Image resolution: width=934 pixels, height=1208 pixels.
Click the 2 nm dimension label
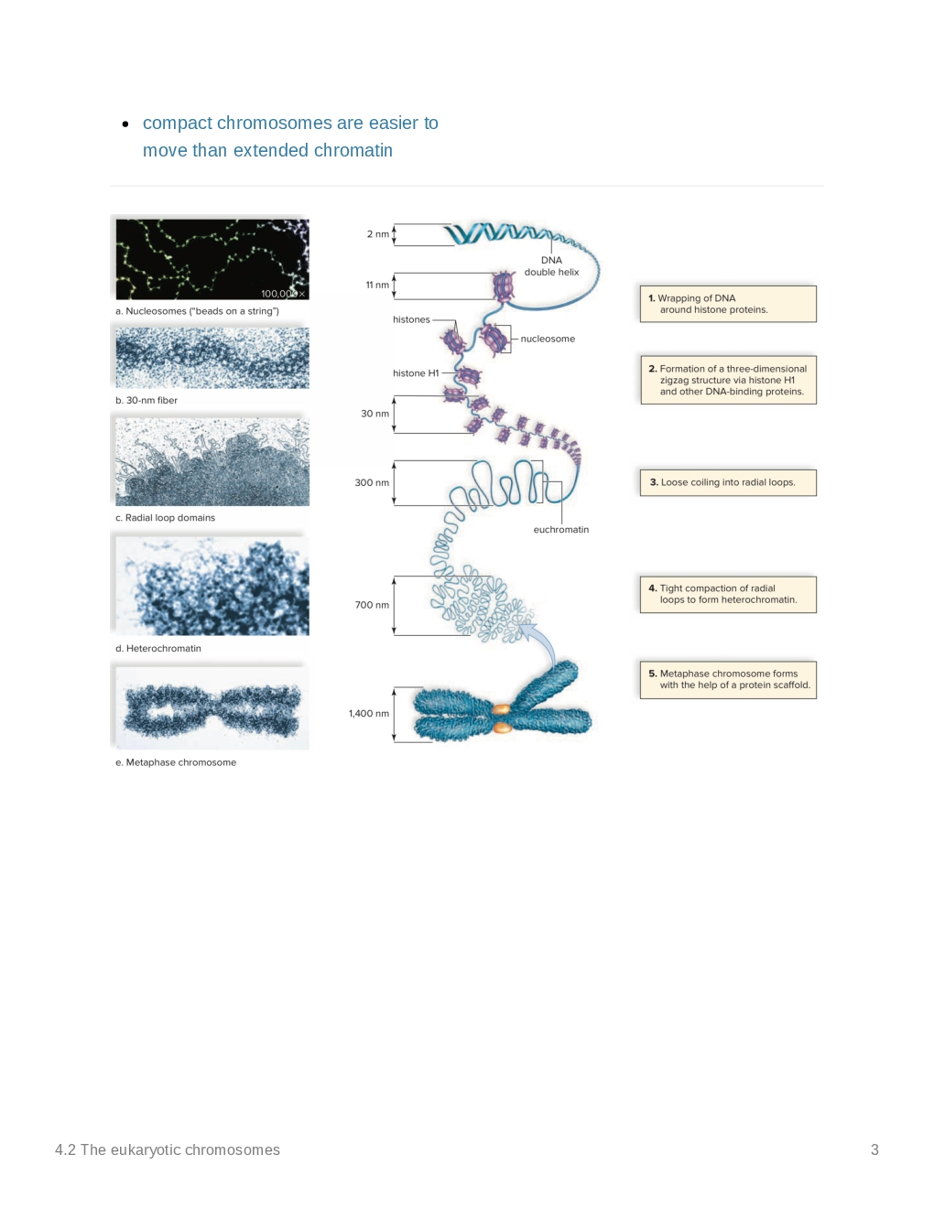click(377, 234)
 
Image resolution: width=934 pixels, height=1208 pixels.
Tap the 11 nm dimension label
click(377, 286)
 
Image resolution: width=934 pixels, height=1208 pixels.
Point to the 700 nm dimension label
click(372, 605)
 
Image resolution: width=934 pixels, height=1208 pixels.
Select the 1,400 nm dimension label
click(369, 713)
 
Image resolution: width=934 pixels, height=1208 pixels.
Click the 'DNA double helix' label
click(551, 266)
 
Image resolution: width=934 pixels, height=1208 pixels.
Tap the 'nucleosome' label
click(548, 339)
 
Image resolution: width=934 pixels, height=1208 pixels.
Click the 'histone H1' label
click(416, 373)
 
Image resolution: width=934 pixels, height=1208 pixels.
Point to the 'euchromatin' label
click(560, 530)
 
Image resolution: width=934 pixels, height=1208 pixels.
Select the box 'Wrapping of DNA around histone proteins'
click(728, 304)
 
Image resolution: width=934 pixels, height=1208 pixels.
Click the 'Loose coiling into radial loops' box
click(728, 482)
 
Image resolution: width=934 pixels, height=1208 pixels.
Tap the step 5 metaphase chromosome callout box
click(728, 680)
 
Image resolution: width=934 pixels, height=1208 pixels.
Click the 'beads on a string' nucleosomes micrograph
click(212, 259)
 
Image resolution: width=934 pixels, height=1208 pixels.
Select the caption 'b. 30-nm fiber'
click(147, 400)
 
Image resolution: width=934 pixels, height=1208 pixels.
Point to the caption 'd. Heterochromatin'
click(158, 648)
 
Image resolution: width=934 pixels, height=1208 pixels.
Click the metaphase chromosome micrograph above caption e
click(212, 708)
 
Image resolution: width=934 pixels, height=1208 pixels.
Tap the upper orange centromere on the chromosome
click(501, 709)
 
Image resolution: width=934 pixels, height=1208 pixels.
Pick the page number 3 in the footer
click(874, 1149)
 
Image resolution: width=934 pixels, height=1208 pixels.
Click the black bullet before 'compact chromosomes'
click(125, 124)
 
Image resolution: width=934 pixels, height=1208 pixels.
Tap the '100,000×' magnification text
click(283, 294)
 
